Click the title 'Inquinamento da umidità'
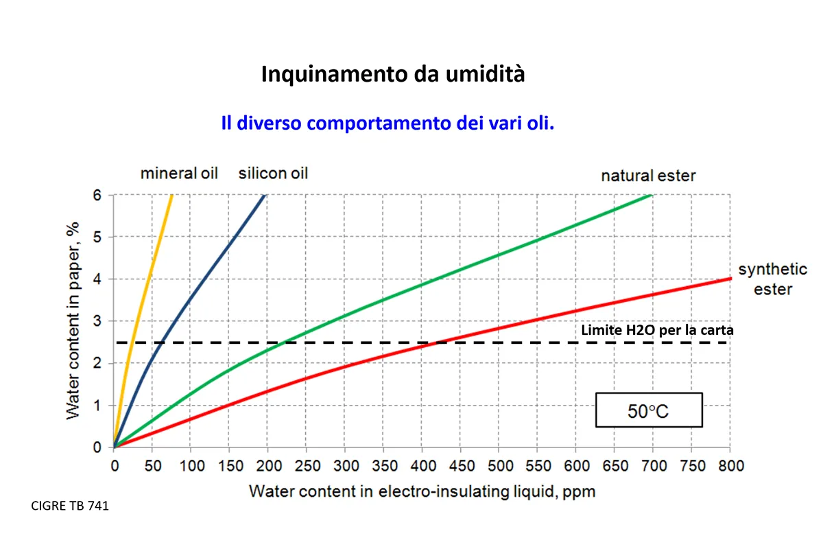(393, 74)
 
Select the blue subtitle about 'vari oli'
(387, 124)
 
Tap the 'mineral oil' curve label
(179, 173)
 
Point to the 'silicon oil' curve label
(273, 173)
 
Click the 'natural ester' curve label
(648, 176)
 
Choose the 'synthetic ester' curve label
(772, 279)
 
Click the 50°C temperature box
(648, 410)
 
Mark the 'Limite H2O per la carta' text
(657, 330)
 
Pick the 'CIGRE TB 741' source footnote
(70, 506)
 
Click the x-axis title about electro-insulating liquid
(422, 491)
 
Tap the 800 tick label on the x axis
(730, 467)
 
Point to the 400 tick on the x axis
(422, 467)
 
